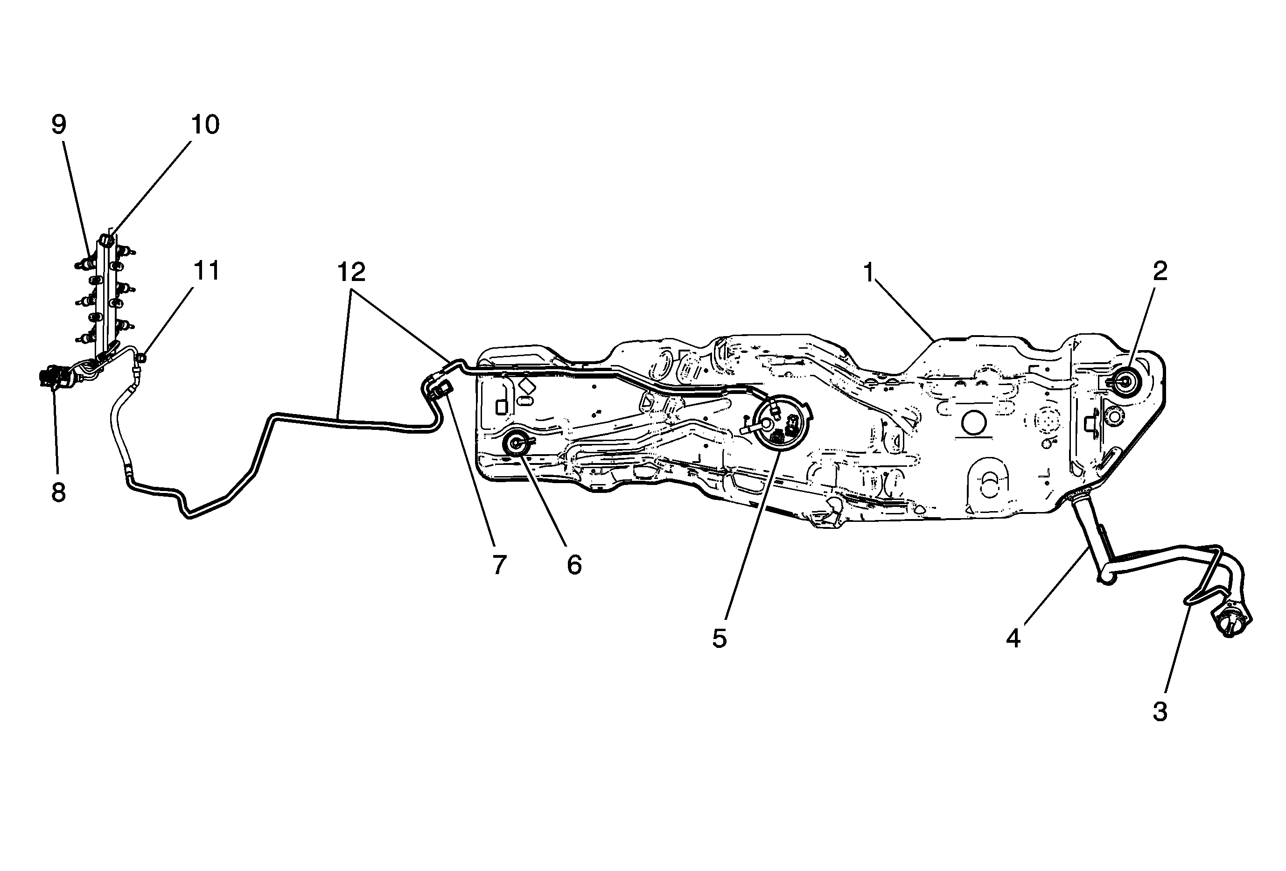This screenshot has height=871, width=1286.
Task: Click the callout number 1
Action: tap(868, 272)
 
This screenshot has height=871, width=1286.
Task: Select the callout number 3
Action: tap(1160, 712)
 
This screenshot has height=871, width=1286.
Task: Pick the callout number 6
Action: tap(574, 565)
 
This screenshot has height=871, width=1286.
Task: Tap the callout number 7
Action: tap(499, 565)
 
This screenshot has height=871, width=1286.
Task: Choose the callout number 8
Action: tap(59, 492)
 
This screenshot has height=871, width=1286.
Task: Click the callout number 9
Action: tap(59, 125)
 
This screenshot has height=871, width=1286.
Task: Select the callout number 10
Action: tap(205, 125)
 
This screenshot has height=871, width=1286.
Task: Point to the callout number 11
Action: tap(206, 271)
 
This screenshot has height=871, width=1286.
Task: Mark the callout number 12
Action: tap(351, 272)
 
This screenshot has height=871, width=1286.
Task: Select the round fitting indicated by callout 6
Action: tap(516, 442)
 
